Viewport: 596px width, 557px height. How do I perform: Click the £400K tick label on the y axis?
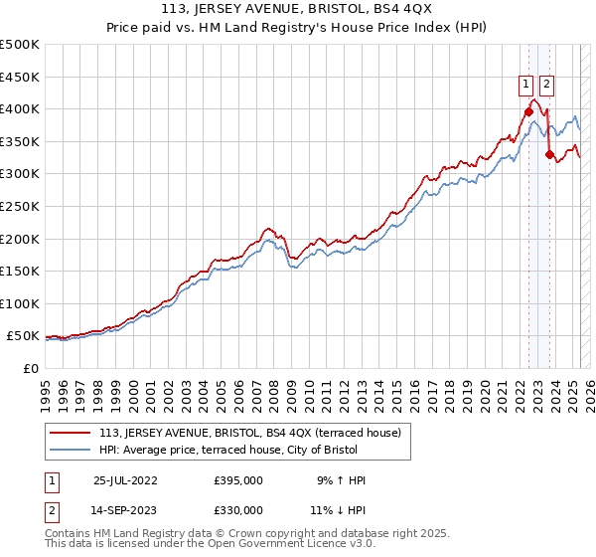[20, 108]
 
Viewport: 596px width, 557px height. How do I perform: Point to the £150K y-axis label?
[20, 271]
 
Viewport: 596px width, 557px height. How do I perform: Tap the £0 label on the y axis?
[30, 368]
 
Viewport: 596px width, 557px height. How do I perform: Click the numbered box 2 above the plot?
[547, 85]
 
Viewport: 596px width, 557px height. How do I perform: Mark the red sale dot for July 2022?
[528, 111]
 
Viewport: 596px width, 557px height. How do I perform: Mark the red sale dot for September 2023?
[549, 154]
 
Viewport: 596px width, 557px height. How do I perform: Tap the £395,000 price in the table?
[238, 480]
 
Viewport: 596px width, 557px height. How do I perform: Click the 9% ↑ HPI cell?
[341, 480]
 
